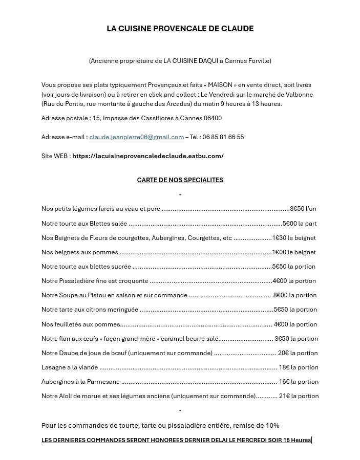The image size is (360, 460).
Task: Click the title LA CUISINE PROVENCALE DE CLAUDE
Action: coord(180,29)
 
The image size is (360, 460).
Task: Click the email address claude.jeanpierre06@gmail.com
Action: coord(136,137)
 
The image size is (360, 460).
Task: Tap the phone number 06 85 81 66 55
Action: coord(223,137)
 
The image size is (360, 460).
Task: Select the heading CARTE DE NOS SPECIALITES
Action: coord(180,180)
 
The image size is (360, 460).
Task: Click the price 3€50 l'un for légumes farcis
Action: coord(303,209)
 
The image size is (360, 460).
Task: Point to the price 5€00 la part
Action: coord(300,224)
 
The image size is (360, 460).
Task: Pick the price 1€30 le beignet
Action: coord(293,238)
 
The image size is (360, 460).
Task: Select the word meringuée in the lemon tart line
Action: coord(121,310)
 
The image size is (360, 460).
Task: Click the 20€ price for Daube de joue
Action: coord(283,353)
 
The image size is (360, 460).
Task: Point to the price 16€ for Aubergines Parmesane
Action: coord(284,382)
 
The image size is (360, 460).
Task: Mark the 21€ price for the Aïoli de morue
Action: coord(284,396)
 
